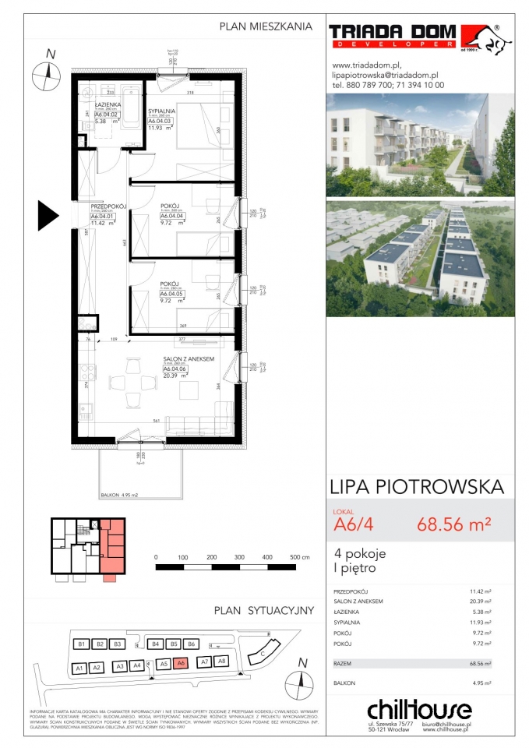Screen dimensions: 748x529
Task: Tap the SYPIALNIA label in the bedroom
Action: pyautogui.click(x=164, y=111)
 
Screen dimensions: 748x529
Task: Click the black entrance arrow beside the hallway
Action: pyautogui.click(x=49, y=213)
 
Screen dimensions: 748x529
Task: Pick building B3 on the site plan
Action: pyautogui.click(x=117, y=644)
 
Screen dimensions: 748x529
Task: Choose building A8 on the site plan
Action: pyautogui.click(x=222, y=662)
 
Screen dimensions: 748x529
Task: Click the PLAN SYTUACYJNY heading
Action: pyautogui.click(x=266, y=610)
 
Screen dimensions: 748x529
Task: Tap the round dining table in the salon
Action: pyautogui.click(x=134, y=383)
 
